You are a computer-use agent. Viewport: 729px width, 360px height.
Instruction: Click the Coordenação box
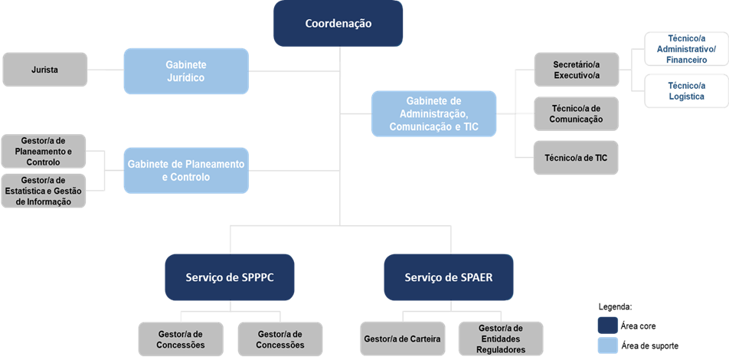click(338, 24)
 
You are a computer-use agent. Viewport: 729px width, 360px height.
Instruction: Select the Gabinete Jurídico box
click(186, 70)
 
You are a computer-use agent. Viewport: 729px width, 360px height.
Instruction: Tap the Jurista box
click(44, 70)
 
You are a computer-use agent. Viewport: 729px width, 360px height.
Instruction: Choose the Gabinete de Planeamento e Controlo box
click(186, 170)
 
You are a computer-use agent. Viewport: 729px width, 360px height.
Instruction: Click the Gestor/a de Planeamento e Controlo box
click(44, 152)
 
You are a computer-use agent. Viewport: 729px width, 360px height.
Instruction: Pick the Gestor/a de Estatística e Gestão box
click(44, 191)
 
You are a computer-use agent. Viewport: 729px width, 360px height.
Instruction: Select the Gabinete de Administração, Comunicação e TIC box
click(433, 114)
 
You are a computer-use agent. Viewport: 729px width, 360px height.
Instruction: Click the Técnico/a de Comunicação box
click(576, 113)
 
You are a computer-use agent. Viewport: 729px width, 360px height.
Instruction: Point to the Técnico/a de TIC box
click(576, 157)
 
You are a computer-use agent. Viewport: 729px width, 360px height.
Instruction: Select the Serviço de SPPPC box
click(230, 277)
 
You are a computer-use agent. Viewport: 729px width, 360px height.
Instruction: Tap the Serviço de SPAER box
click(449, 277)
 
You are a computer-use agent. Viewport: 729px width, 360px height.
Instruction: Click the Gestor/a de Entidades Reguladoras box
click(501, 339)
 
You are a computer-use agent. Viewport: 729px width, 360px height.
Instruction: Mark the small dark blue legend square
click(606, 325)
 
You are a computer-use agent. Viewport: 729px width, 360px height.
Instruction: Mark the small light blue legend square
click(606, 345)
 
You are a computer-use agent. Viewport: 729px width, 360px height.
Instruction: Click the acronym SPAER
click(475, 277)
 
